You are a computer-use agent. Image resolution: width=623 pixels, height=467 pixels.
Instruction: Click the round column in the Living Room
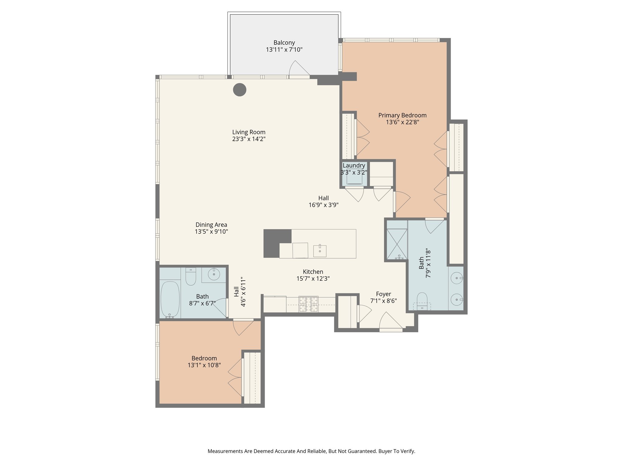point(239,90)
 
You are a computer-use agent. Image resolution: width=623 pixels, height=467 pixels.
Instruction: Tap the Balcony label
point(284,43)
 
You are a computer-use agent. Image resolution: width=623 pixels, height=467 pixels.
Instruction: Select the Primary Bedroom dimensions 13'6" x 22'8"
point(402,122)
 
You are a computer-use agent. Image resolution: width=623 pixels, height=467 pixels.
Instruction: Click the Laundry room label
point(353,166)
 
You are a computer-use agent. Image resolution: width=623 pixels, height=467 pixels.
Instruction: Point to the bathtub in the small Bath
point(170,299)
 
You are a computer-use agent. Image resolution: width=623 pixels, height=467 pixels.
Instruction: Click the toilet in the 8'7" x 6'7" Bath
point(191,277)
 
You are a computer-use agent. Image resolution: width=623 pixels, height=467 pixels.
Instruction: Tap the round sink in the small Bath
point(214,274)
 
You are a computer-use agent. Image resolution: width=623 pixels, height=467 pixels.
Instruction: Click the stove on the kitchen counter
point(308,304)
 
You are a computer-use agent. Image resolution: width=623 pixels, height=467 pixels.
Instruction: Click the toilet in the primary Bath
point(422,301)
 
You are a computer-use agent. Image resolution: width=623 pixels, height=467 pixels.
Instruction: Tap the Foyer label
point(383,294)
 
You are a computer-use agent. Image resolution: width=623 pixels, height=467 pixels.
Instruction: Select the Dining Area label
point(211,225)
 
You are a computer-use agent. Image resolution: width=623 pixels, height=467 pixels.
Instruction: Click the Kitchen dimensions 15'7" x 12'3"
point(313,278)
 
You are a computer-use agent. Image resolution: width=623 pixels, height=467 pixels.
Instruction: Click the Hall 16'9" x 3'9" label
point(323,202)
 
